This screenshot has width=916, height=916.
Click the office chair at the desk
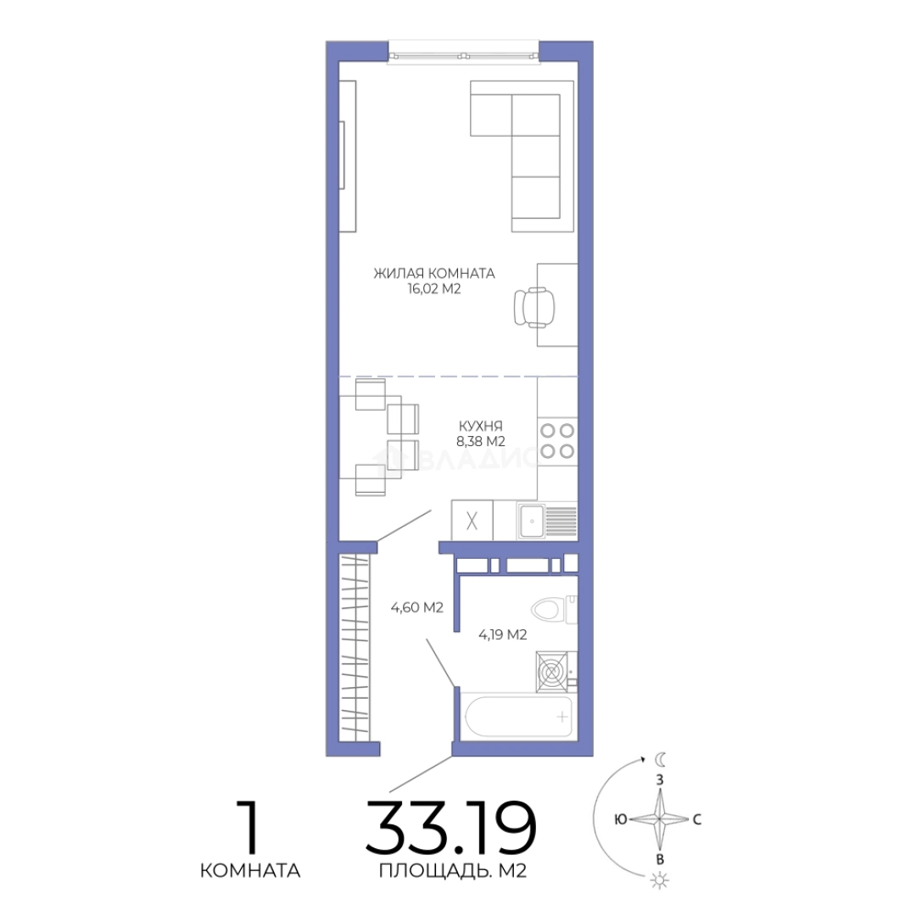[x=533, y=307]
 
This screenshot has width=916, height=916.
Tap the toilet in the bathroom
[x=554, y=609]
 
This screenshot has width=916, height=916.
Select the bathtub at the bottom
[x=518, y=716]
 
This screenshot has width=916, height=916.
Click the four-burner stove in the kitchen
[x=557, y=440]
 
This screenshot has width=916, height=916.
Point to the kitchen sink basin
[x=532, y=521]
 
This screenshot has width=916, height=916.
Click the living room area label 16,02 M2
[x=434, y=288]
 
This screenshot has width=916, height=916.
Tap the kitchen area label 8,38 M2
[x=481, y=441]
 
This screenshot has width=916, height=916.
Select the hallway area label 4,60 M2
[x=417, y=607]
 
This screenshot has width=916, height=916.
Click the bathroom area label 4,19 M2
[x=503, y=634]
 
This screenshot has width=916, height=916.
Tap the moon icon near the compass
[x=660, y=759]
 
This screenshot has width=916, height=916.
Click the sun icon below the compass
[x=660, y=880]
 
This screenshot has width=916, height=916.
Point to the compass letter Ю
[x=620, y=819]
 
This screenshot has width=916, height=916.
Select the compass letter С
[x=697, y=819]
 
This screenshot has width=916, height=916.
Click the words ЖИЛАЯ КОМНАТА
[x=434, y=273]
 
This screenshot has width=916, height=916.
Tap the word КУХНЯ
[x=481, y=426]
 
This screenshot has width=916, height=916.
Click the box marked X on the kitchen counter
[x=472, y=520]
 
